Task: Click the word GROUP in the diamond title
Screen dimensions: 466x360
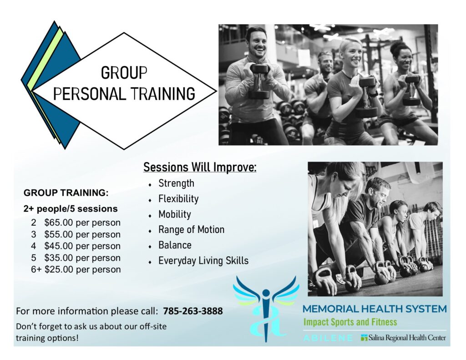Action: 124,73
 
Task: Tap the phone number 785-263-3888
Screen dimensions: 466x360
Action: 193,311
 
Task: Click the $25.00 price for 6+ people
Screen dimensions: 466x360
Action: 59,269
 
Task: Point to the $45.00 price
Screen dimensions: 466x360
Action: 59,246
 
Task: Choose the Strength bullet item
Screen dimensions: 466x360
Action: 176,183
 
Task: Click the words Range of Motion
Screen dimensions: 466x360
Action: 192,229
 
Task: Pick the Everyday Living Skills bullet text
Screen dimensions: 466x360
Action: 203,261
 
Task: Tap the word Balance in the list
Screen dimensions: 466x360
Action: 175,245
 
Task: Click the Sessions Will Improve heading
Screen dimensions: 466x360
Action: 200,167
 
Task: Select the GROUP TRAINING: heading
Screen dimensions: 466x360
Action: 66,193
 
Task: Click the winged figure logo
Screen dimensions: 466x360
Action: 266,308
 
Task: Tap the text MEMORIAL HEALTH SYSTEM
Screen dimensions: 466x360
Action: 375,309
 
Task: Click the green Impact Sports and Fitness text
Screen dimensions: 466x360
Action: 350,322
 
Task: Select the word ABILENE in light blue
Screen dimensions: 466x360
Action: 328,338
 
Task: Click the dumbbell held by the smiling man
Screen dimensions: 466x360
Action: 259,81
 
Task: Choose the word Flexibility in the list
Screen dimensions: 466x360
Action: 178,198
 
